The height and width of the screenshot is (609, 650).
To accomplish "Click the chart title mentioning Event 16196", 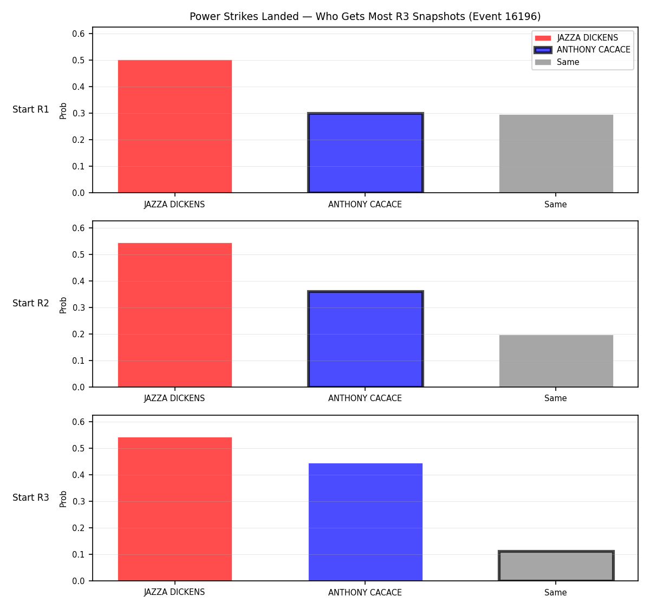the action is pos(365,16).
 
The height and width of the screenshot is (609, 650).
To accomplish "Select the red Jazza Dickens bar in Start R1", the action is pos(175,126).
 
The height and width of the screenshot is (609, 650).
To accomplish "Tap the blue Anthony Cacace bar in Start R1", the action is pos(365,153).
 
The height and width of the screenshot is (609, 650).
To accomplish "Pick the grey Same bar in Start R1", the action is pos(556,154).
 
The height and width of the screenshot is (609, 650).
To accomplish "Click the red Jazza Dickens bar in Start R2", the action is pos(175,315).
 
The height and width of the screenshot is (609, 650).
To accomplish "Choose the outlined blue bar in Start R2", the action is pos(365,339).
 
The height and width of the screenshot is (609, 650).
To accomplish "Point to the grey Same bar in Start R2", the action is pos(556,361).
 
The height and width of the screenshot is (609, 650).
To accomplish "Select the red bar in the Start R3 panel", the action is pos(175,509).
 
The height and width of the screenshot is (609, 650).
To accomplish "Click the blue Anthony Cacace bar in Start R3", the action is pos(365,522).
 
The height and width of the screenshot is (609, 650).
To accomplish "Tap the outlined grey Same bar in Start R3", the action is pos(556,566).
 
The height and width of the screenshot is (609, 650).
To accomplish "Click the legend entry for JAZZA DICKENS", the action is pos(576,38).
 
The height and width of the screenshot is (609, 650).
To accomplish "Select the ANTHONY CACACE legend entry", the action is pos(582,50).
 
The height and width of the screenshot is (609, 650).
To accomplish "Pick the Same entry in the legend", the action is pos(557,62).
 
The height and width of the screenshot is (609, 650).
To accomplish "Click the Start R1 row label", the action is pos(31,109).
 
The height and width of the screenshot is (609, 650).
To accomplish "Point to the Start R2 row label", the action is pos(31,303).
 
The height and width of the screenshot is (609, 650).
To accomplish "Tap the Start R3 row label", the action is pos(31,497).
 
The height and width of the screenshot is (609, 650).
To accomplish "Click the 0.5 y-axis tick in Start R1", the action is pos(78,60).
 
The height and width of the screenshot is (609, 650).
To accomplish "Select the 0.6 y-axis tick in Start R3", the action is pos(78,422).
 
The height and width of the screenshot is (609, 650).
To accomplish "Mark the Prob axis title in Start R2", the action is pos(63,305).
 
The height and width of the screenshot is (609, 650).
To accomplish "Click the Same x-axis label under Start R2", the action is pos(555,398).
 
